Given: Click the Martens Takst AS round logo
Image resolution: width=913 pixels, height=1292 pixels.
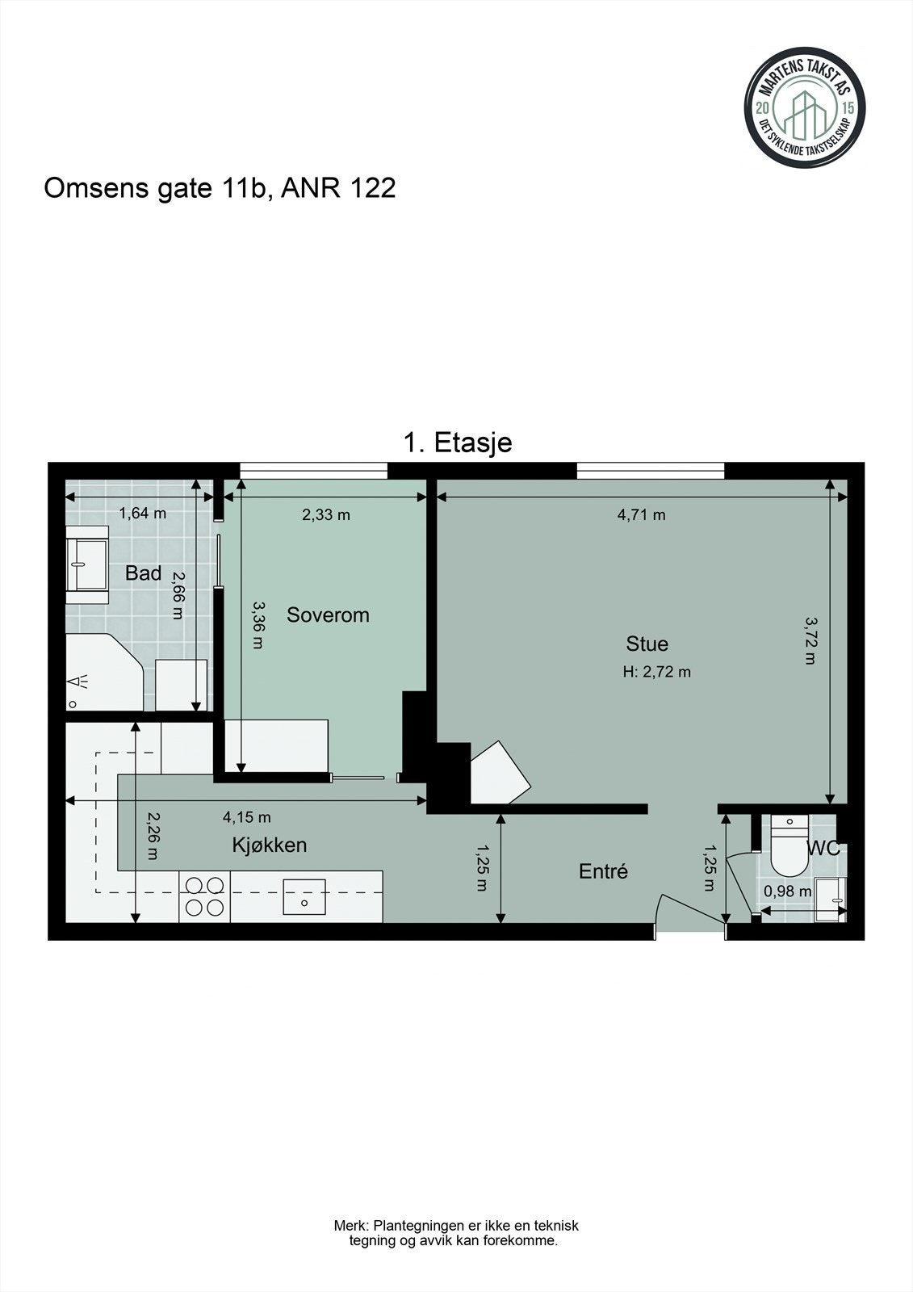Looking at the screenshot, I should click(804, 107).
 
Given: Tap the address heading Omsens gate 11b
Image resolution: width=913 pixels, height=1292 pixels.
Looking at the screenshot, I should click(219, 188).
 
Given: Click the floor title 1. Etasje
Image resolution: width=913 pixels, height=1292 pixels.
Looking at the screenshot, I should click(457, 443).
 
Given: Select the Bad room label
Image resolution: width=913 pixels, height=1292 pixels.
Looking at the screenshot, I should click(143, 573).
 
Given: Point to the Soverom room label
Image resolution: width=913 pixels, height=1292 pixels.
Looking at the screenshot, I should click(328, 615).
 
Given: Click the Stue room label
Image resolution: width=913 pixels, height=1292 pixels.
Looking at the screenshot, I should click(647, 644).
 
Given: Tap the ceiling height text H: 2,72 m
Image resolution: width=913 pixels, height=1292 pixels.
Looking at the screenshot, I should click(656, 671).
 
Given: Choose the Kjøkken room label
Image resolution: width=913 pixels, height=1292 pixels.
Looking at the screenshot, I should click(269, 845).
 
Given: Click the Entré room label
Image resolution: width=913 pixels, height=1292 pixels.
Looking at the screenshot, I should click(603, 871).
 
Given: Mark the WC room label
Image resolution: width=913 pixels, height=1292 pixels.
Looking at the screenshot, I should click(823, 849).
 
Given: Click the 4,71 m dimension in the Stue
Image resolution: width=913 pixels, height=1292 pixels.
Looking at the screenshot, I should click(641, 515).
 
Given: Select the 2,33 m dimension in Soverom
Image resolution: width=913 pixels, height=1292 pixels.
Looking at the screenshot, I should click(326, 515).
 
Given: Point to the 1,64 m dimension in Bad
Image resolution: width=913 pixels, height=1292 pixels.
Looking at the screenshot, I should click(142, 514).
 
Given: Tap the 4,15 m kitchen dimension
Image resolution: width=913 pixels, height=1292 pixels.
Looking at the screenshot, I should click(246, 817).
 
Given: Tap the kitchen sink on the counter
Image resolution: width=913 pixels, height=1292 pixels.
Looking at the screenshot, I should click(304, 896).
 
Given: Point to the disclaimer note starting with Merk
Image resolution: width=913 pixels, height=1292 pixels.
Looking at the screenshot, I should click(455, 1233).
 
